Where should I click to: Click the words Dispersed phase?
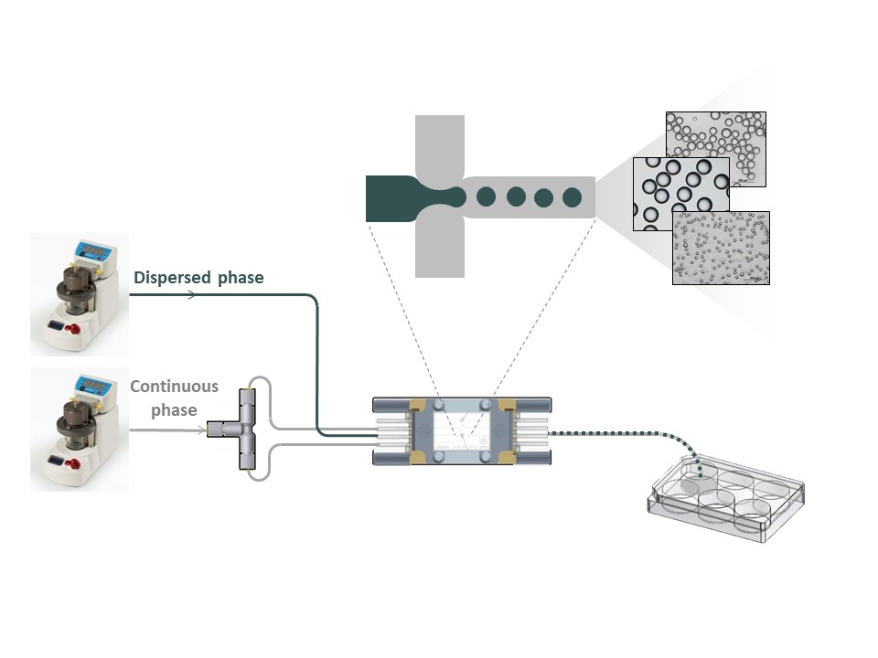(198, 278)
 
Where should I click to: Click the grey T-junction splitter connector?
(244, 430)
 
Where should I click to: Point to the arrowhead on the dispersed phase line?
(190, 294)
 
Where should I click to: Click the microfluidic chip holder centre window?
(462, 430)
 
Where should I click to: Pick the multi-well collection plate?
(728, 497)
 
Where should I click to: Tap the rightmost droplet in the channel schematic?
(573, 196)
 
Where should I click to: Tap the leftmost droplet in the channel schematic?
(487, 196)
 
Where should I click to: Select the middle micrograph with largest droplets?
(680, 193)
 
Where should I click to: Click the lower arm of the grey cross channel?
(440, 247)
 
